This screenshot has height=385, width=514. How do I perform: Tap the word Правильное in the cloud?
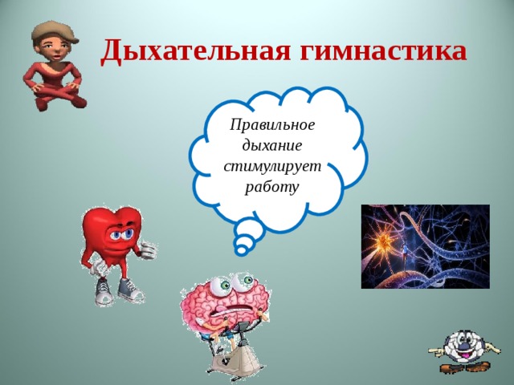(272, 125)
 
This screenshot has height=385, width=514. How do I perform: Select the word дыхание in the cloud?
(271, 145)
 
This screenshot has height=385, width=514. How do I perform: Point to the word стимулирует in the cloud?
(272, 166)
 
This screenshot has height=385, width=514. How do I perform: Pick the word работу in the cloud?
(271, 187)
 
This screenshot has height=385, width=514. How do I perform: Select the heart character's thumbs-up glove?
(148, 249)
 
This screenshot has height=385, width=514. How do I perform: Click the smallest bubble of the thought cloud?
(241, 250)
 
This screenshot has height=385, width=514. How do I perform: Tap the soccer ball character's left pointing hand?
(437, 351)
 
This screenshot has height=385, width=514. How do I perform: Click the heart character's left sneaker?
(104, 292)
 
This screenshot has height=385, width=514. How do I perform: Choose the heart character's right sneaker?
(130, 290)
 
